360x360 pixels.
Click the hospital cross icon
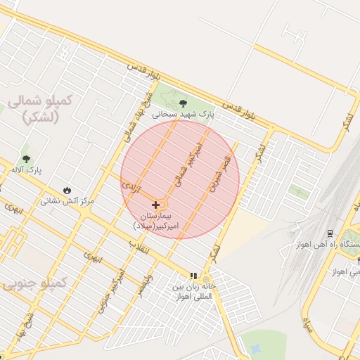pos(155,205)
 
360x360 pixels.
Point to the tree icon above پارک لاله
pos(27,159)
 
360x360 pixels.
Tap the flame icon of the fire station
pos(67,190)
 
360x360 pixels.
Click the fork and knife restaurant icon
pos(193,276)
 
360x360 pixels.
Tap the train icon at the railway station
pos(330,233)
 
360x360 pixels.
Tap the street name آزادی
pos(131,189)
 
